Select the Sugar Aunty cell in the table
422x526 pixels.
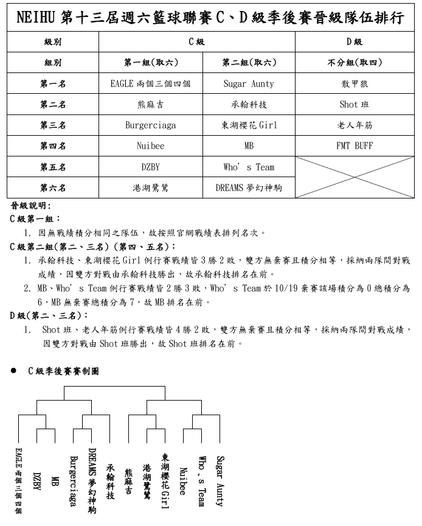click(x=249, y=84)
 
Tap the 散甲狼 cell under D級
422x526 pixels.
click(x=355, y=84)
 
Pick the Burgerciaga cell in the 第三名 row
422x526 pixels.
click(x=150, y=125)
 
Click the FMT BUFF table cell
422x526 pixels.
click(x=355, y=146)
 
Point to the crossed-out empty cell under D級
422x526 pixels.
click(x=355, y=177)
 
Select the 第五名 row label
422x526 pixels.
click(x=53, y=167)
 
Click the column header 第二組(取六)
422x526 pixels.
click(x=249, y=63)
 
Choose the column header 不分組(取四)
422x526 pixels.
click(x=355, y=63)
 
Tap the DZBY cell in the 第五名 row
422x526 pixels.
click(x=150, y=167)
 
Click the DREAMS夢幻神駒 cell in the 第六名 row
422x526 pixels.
click(x=249, y=188)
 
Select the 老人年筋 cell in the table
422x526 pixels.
click(x=355, y=125)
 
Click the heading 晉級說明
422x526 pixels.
click(x=31, y=206)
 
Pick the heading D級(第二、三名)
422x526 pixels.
click(x=49, y=315)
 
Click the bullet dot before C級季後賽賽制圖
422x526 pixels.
click(x=13, y=371)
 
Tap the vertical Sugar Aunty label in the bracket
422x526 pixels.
click(x=220, y=481)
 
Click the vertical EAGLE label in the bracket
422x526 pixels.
click(x=19, y=481)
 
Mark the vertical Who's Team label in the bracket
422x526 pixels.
click(x=201, y=481)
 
